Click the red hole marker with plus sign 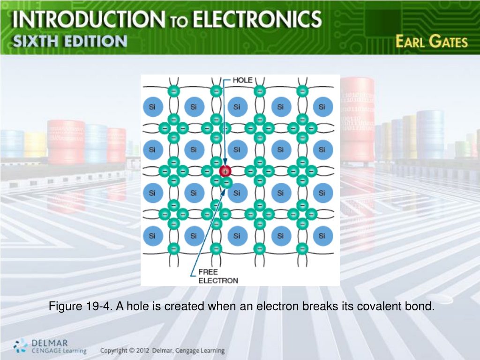[225, 172]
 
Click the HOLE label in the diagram [242, 80]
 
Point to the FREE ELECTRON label [218, 276]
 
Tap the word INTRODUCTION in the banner [89, 19]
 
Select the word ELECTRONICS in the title [257, 19]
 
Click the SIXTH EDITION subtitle [70, 41]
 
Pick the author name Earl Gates [432, 42]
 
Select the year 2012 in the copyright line [142, 351]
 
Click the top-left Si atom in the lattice [153, 106]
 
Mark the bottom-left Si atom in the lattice [153, 236]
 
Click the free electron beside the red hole [227, 183]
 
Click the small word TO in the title [179, 22]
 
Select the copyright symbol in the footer [132, 351]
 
